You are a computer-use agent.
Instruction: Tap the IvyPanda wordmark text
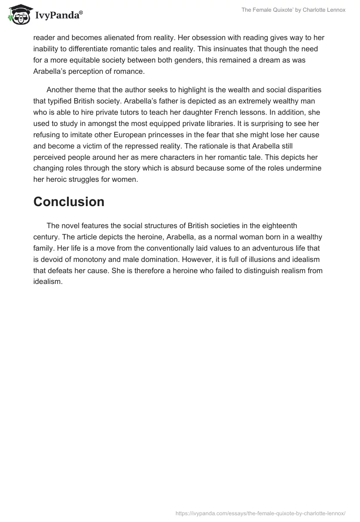click(x=57, y=16)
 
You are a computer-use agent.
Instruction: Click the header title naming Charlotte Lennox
click(x=293, y=10)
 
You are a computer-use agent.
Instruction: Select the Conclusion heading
click(x=69, y=202)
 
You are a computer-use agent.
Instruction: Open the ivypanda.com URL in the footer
click(x=260, y=513)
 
